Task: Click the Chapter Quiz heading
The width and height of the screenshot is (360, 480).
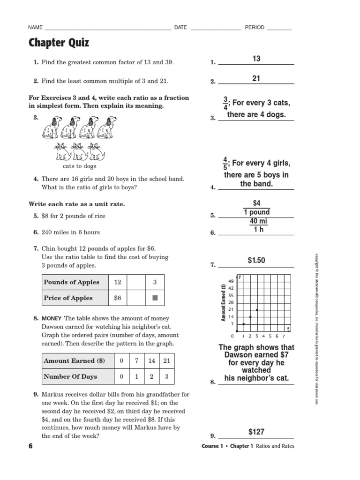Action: [59, 43]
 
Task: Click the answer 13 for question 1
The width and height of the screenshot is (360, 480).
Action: [256, 59]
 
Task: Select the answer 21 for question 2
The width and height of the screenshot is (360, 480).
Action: [256, 78]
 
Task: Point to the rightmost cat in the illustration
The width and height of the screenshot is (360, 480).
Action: [97, 151]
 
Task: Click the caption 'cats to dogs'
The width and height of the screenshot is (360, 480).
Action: [80, 166]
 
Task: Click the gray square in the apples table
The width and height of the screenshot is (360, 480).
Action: [155, 298]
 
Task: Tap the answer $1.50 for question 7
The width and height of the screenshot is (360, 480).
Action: [256, 260]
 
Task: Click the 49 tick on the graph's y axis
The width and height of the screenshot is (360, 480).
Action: [231, 281]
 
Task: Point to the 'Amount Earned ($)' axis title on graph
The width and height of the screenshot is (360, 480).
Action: [224, 303]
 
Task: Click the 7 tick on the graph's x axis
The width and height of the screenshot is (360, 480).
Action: [284, 336]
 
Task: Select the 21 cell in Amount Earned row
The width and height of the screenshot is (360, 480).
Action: [166, 361]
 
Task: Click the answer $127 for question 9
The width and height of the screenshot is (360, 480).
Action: [256, 431]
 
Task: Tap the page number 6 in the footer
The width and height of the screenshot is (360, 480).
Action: [31, 446]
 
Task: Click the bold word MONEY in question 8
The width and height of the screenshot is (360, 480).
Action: [51, 318]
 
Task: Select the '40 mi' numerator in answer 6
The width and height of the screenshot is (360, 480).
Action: [256, 221]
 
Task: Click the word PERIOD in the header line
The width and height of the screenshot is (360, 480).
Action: [255, 28]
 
